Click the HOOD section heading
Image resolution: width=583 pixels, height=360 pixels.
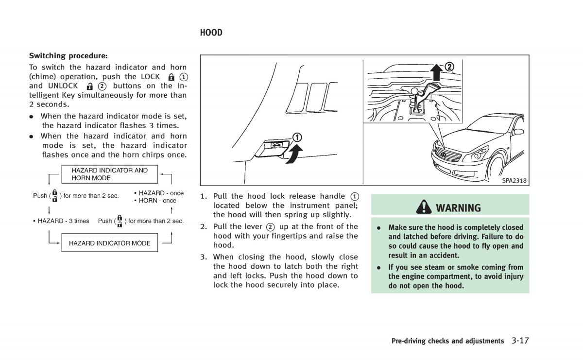pyautogui.click(x=211, y=33)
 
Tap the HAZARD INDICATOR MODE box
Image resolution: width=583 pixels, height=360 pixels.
pyautogui.click(x=109, y=243)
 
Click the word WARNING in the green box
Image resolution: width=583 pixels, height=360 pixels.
pyautogui.click(x=458, y=208)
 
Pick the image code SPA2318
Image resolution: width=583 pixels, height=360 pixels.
pyautogui.click(x=514, y=181)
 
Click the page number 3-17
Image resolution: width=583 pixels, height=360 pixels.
pyautogui.click(x=519, y=340)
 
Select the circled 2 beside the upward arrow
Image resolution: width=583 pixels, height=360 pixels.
pyautogui.click(x=450, y=67)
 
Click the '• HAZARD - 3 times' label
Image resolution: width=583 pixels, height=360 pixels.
pyautogui.click(x=61, y=221)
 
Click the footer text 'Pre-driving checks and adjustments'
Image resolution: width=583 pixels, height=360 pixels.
pyautogui.click(x=447, y=341)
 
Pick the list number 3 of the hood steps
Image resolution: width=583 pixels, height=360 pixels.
pyautogui.click(x=204, y=257)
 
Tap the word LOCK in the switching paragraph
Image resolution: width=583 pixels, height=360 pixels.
pyautogui.click(x=150, y=77)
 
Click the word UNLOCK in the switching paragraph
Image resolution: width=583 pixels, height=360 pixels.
pyautogui.click(x=63, y=86)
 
